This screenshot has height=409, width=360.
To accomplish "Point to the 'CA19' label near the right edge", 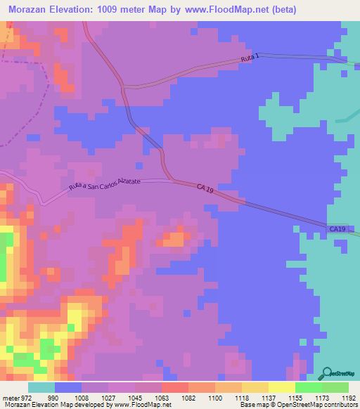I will (x=338, y=229).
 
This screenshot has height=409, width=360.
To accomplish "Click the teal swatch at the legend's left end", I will (x=41, y=387).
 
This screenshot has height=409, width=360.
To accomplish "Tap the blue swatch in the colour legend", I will (x=68, y=387).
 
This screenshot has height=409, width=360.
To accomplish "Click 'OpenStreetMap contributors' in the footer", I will (x=323, y=405).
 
